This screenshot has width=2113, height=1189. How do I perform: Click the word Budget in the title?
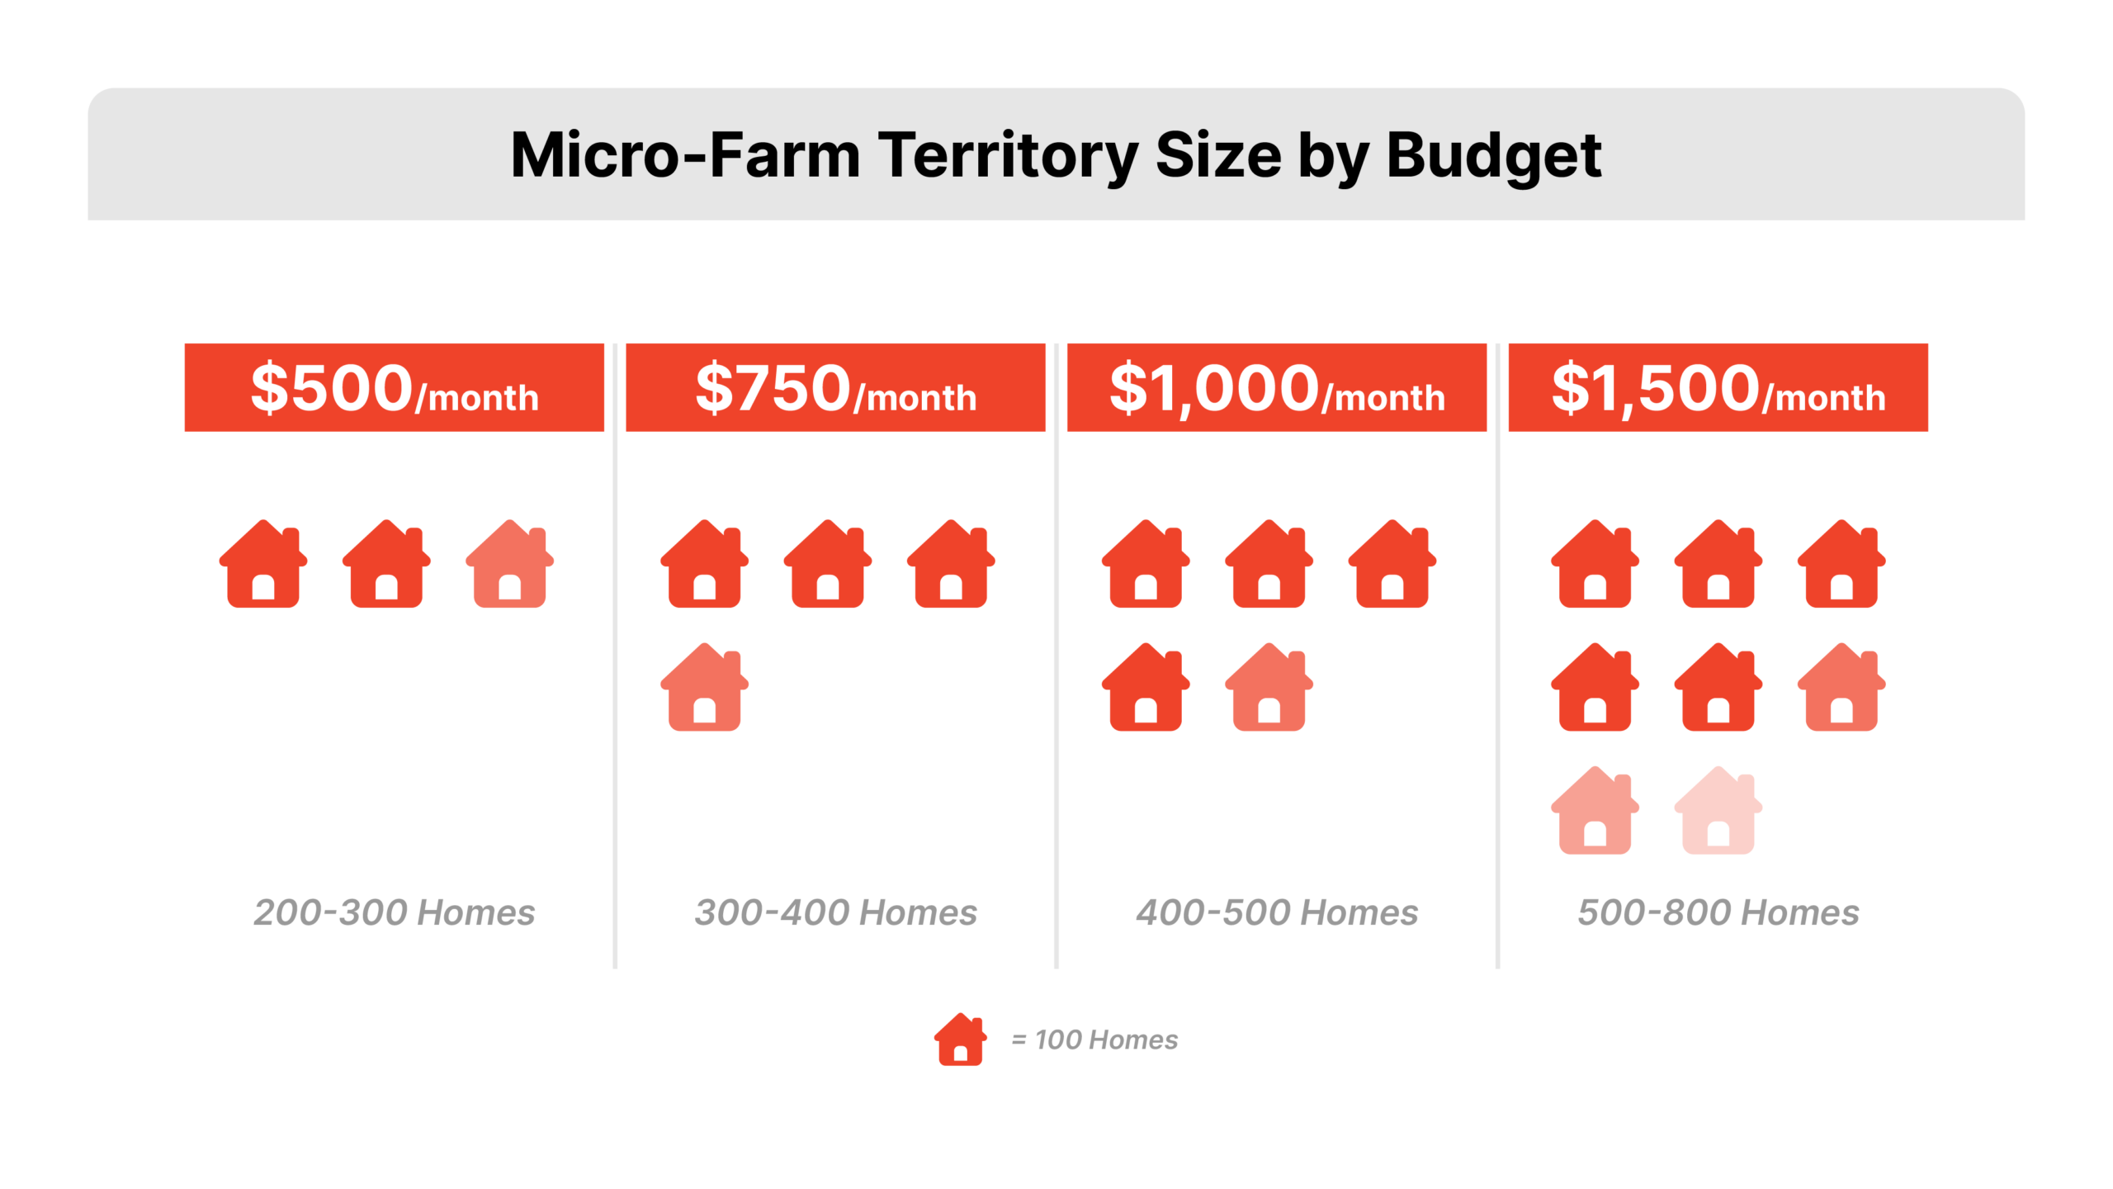(1493, 156)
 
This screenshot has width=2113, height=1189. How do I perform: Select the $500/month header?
(395, 387)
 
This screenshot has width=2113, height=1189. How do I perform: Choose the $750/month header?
(835, 387)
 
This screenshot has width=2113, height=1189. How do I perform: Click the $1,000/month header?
(1276, 387)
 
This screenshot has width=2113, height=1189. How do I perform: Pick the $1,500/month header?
(1718, 387)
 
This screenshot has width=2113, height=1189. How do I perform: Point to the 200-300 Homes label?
(395, 912)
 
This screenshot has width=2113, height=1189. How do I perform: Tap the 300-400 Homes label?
(835, 912)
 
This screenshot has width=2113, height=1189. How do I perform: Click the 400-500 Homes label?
(1277, 912)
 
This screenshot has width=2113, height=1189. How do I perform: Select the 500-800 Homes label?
(1718, 912)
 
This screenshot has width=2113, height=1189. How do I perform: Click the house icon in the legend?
(960, 1040)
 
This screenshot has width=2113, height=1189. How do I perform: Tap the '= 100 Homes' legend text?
(1094, 1040)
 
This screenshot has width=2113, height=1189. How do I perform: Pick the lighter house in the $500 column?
(509, 566)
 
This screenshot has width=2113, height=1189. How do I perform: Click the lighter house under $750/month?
(704, 689)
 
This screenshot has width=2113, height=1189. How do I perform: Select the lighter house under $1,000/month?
(1269, 689)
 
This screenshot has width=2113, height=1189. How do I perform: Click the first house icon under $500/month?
(263, 566)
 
